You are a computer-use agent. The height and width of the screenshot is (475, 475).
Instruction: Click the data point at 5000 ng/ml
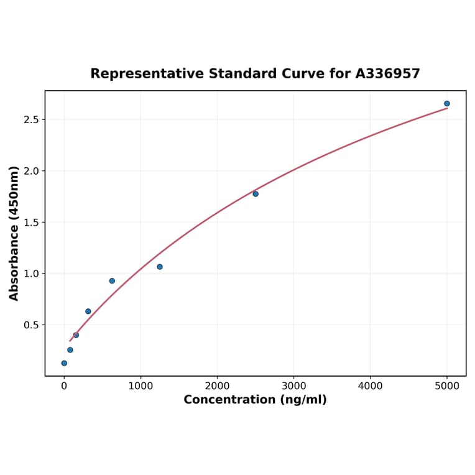446,104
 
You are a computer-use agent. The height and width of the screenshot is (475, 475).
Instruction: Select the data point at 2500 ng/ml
256,194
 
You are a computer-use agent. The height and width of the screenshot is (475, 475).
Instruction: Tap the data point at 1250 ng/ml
160,267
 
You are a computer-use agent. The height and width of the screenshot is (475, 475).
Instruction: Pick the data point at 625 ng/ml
112,281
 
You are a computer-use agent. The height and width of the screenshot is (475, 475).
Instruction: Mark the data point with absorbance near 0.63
88,311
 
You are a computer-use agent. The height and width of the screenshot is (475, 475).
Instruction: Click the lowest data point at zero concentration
64,363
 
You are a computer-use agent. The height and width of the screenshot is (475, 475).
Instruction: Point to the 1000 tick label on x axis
141,385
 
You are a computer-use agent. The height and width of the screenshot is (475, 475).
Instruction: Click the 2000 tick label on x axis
217,385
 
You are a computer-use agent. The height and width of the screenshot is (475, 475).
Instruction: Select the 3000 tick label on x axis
294,385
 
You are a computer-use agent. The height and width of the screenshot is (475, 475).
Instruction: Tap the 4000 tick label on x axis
371,385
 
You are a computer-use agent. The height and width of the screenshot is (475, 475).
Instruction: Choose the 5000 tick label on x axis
447,385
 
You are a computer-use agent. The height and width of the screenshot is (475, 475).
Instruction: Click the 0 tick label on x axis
64,385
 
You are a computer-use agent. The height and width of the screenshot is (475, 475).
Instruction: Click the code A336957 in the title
387,74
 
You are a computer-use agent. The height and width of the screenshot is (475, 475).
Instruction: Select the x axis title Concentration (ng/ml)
255,400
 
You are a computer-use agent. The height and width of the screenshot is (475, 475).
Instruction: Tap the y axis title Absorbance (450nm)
14,233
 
